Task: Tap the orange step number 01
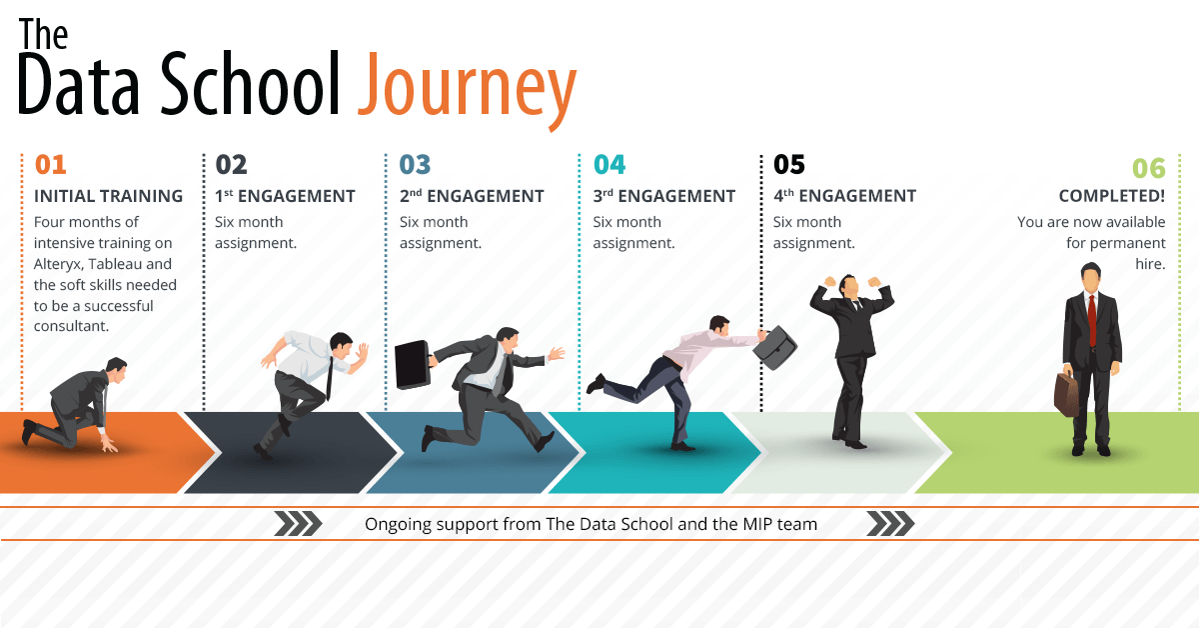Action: tap(50, 165)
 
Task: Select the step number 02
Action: tap(231, 165)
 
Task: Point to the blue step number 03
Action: tap(415, 165)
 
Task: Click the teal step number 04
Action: tap(609, 165)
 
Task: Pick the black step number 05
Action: tap(789, 165)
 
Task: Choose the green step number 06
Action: tap(1149, 168)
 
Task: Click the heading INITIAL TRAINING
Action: tap(108, 196)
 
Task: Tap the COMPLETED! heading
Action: tap(1112, 196)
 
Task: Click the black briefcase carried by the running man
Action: tap(412, 365)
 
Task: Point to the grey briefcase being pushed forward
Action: tap(775, 347)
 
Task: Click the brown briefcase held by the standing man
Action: tap(1066, 394)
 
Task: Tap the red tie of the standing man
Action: tap(1091, 321)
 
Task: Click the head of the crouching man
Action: tap(116, 369)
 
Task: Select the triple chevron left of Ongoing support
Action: tap(298, 524)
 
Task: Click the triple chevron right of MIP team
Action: tap(890, 524)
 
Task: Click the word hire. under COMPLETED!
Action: tap(1150, 264)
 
